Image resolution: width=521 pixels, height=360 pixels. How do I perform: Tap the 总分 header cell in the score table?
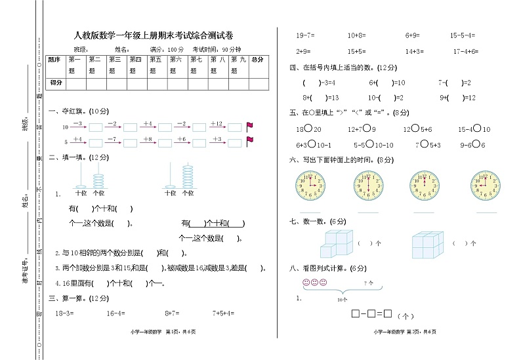point(257,59)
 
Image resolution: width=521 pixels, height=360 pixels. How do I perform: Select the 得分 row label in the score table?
point(56,83)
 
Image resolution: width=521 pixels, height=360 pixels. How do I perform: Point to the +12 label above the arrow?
point(217,123)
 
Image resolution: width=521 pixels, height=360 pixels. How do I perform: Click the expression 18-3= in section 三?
point(63,315)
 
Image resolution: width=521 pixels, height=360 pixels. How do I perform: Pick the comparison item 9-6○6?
point(473,145)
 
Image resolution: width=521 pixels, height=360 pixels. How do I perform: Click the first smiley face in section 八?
point(306,283)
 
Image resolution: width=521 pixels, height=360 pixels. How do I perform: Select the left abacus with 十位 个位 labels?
point(91,178)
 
